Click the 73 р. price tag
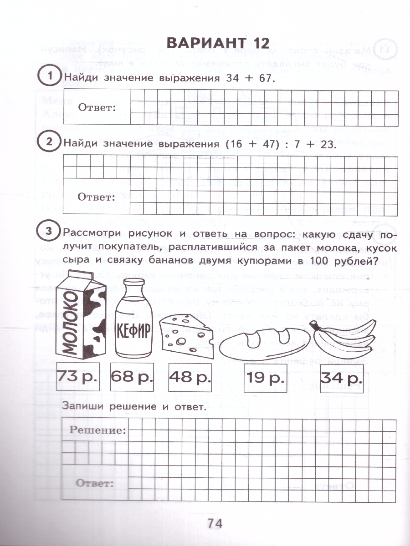77,376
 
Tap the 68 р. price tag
132,376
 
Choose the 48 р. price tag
190,376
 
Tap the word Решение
97,430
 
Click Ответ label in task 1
97,108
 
